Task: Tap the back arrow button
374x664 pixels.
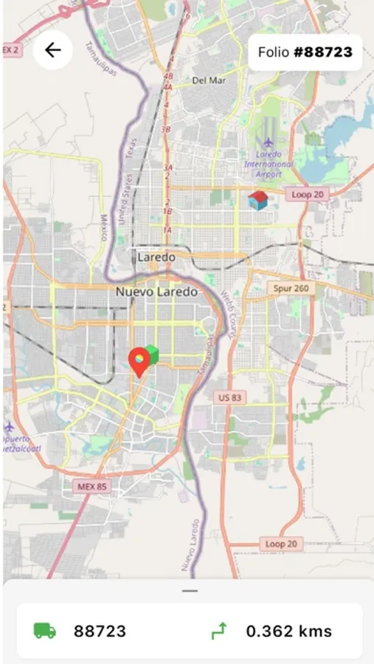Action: pos(52,50)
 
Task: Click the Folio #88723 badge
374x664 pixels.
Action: pos(305,52)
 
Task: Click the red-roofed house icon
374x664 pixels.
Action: pos(257,200)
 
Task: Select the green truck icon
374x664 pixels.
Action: pos(45,632)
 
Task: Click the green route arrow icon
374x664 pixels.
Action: pos(219,631)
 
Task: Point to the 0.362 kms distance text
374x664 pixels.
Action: pos(288,632)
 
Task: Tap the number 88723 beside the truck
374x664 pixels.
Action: pos(100,632)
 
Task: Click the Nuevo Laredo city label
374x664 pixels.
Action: pos(156,292)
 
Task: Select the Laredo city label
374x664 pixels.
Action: pos(156,257)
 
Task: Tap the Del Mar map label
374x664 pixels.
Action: pos(208,80)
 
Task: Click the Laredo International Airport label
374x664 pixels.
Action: pos(269,163)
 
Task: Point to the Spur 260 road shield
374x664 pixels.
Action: pos(291,288)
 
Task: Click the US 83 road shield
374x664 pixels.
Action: pos(230,398)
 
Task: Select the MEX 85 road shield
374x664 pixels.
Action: pos(92,487)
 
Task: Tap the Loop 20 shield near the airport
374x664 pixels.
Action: pos(307,194)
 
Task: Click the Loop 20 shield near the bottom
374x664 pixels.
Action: pos(280,544)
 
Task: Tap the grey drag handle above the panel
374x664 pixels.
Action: pos(190,591)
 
